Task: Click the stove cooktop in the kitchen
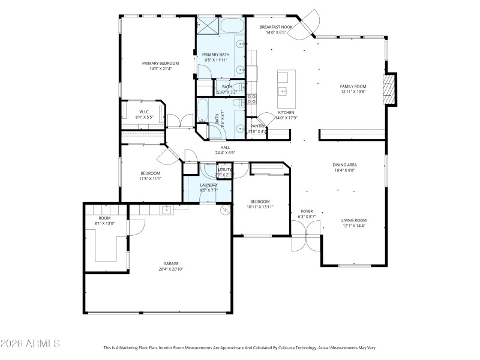[x=253, y=99]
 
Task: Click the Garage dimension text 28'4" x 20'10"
[x=171, y=269]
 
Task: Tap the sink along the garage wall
[x=166, y=209]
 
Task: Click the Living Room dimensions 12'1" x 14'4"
[x=354, y=226]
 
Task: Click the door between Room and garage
[x=137, y=228]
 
